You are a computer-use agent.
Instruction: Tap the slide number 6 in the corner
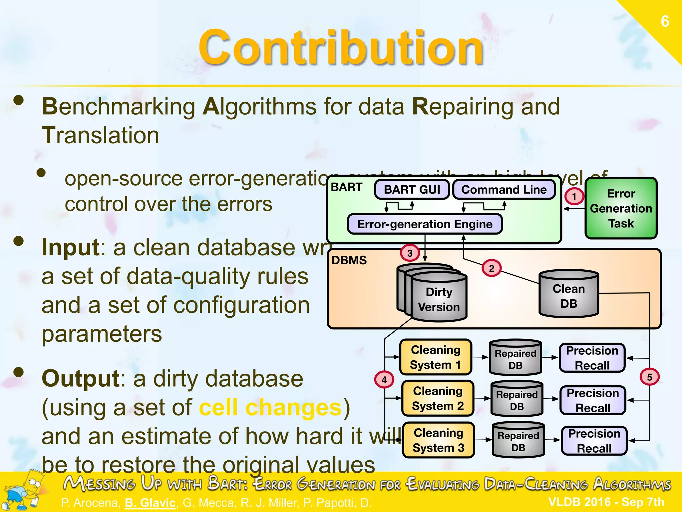[665, 22]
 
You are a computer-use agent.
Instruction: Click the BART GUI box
[412, 190]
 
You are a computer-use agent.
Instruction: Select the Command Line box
[504, 190]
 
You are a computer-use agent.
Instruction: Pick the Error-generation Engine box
[425, 224]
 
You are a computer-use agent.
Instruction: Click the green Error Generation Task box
[621, 208]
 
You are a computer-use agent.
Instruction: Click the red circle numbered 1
[574, 196]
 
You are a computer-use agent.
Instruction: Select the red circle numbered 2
[492, 268]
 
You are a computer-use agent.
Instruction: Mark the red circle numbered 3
[410, 253]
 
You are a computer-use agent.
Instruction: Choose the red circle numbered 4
[384, 380]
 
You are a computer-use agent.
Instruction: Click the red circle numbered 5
[649, 377]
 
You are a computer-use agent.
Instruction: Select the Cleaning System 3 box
[438, 440]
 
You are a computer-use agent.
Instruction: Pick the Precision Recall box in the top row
[592, 358]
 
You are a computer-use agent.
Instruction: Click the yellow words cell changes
[270, 408]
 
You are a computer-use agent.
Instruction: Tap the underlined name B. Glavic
[150, 502]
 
